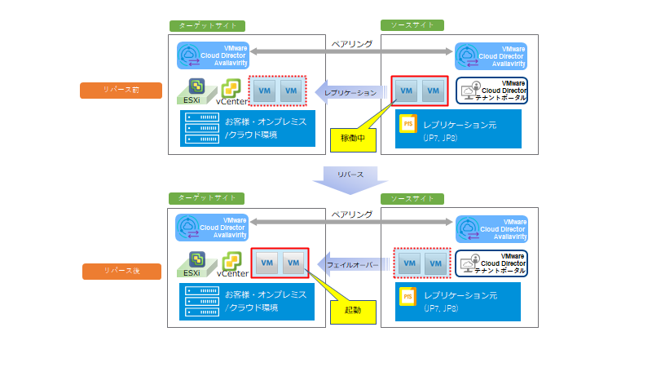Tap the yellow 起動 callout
click(x=352, y=310)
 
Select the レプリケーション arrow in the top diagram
click(x=350, y=93)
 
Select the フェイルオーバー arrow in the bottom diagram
click(x=351, y=266)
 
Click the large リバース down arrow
click(x=349, y=179)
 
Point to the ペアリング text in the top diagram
click(x=352, y=43)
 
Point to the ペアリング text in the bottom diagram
click(x=352, y=214)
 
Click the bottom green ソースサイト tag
click(x=412, y=198)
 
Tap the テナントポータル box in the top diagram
click(x=491, y=91)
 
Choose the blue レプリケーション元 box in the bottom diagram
click(x=458, y=302)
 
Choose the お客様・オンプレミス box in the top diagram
click(x=248, y=128)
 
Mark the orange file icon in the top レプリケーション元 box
click(x=409, y=124)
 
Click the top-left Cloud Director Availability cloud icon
click(x=189, y=55)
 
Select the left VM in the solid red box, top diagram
click(x=407, y=92)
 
